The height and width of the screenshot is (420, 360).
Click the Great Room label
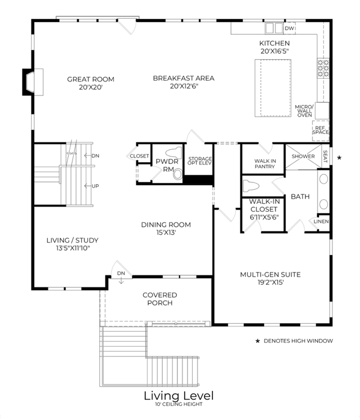pos(91,79)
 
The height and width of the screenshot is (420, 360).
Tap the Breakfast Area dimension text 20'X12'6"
pos(184,86)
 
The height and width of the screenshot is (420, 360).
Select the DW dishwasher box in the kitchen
pos(289,28)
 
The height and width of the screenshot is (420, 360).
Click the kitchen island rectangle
pos(273,88)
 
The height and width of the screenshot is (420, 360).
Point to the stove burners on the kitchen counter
pos(323,68)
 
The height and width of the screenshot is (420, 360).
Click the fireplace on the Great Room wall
pos(33,82)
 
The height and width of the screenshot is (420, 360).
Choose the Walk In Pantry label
pos(265,164)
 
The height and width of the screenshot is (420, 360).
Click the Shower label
pos(303,156)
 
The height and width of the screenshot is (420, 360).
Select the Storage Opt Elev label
pos(199,160)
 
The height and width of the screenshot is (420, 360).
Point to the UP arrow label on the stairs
pos(92,186)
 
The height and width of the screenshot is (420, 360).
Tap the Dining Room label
pos(166,225)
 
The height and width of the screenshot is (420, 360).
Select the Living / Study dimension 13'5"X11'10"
pos(73,248)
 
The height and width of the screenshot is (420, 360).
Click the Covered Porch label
pos(160,299)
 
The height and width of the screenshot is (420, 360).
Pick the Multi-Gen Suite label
pos(270,275)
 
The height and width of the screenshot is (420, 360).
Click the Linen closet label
pos(321,221)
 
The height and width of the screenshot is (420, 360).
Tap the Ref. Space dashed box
pos(321,131)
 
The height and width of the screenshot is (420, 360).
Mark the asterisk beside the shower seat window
pos(339,158)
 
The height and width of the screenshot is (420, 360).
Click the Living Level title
pos(179,396)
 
